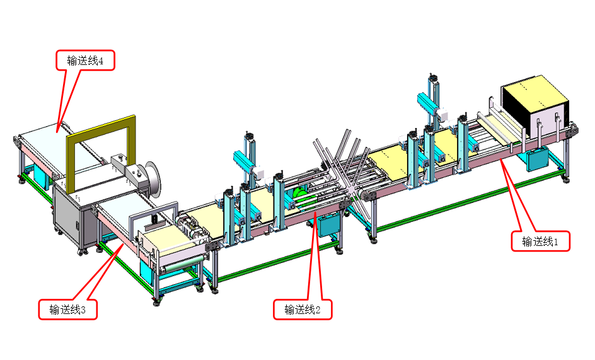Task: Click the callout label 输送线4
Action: [x=85, y=61]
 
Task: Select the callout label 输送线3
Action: [x=67, y=310]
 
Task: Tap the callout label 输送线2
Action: [x=303, y=310]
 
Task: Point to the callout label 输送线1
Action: [x=540, y=241]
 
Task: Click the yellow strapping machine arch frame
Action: [x=101, y=125]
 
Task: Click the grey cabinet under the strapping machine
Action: [x=72, y=219]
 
